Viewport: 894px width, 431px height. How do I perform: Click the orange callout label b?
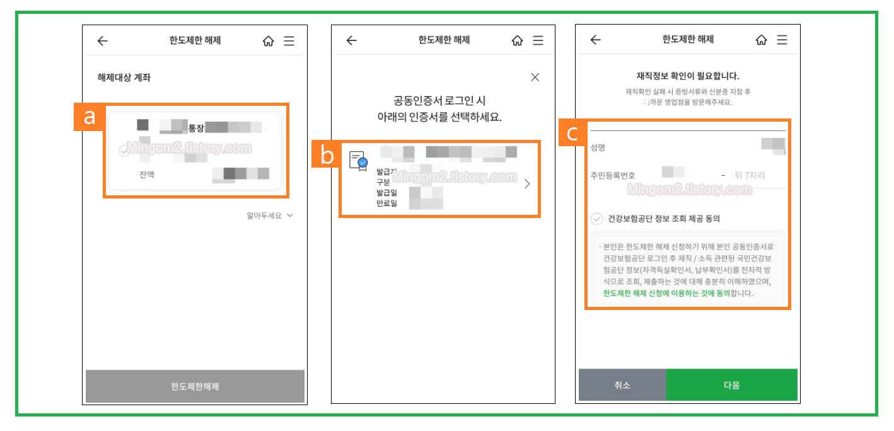[x=327, y=155]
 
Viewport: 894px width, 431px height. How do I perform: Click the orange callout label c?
[x=571, y=134]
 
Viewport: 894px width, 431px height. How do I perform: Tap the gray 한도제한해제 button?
[x=195, y=386]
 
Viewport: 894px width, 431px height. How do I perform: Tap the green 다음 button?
[x=731, y=385]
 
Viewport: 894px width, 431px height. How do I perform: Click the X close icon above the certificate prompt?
[x=535, y=78]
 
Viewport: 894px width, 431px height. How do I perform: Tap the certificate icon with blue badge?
[x=358, y=161]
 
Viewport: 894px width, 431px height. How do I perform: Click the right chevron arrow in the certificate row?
[x=527, y=184]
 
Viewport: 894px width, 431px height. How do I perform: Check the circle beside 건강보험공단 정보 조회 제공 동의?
[x=596, y=219]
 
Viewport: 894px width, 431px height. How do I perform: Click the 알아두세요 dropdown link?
[x=270, y=215]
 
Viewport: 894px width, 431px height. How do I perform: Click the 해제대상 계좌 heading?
[x=124, y=78]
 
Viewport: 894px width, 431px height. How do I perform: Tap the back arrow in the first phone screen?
[x=102, y=41]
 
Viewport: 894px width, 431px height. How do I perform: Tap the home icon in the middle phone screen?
[x=517, y=41]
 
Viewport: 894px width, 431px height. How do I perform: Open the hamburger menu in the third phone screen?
[x=782, y=40]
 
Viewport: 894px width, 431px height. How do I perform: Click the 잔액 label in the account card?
[x=147, y=175]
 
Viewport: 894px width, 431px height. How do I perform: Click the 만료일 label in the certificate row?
[x=386, y=204]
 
